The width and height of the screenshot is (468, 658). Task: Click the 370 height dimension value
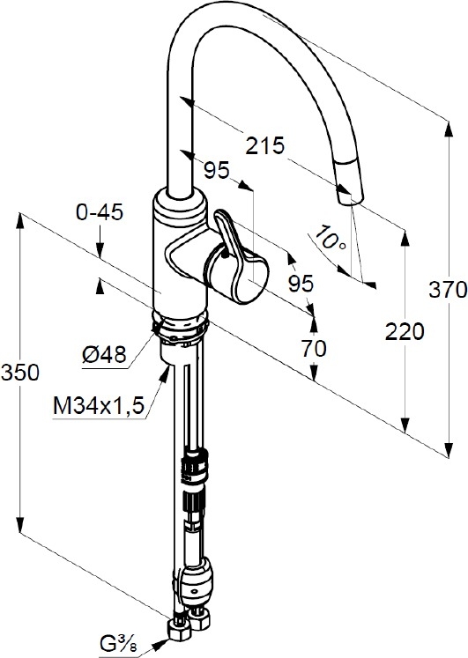pos(448,290)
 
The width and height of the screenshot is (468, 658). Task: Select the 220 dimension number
pos(405,332)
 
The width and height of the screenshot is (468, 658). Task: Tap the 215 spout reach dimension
pos(265,145)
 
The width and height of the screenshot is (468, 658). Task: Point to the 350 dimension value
pos(20,373)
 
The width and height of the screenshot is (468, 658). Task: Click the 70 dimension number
pos(314,348)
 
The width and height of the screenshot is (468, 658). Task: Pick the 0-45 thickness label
pos(99,212)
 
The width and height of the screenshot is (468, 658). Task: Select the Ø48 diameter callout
pos(104,355)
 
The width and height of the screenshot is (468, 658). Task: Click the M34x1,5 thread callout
pos(99,405)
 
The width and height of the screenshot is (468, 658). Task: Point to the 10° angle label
pos(331,238)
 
